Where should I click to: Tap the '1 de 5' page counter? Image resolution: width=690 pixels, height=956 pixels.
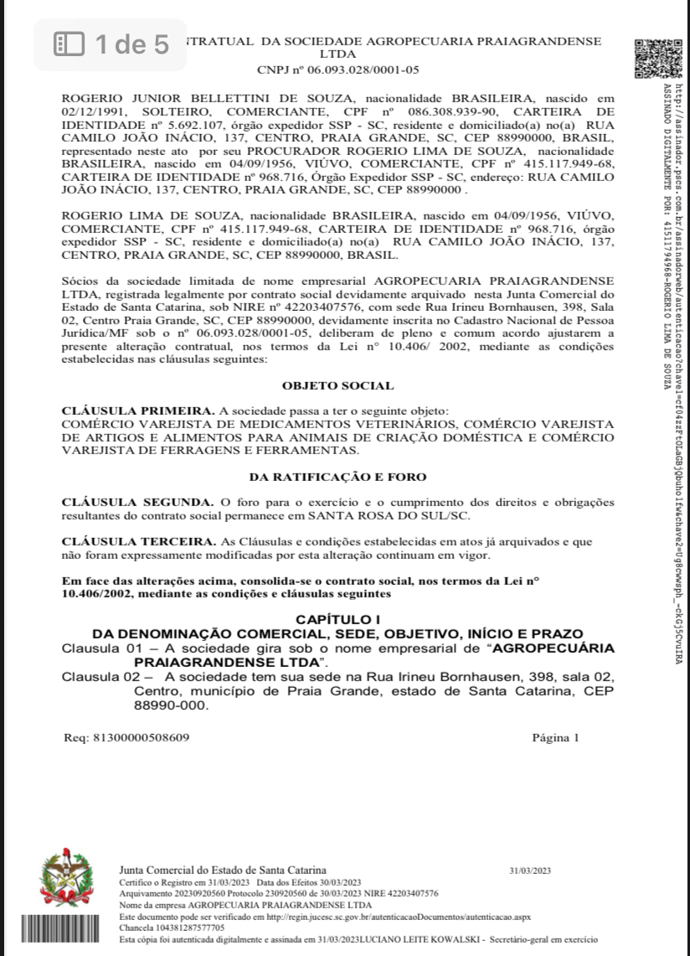pyautogui.click(x=111, y=44)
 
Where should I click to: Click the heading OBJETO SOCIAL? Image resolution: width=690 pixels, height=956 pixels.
pyautogui.click(x=337, y=386)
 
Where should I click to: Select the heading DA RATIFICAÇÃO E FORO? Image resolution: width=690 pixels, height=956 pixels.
pyautogui.click(x=337, y=477)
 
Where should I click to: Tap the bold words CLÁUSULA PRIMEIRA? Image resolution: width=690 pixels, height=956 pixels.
pyautogui.click(x=137, y=411)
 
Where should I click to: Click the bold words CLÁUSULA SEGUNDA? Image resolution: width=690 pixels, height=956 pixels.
pyautogui.click(x=135, y=501)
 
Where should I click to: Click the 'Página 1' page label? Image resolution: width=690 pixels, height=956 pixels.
pyautogui.click(x=555, y=738)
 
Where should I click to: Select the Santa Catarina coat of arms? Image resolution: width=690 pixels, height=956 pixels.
pyautogui.click(x=67, y=876)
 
